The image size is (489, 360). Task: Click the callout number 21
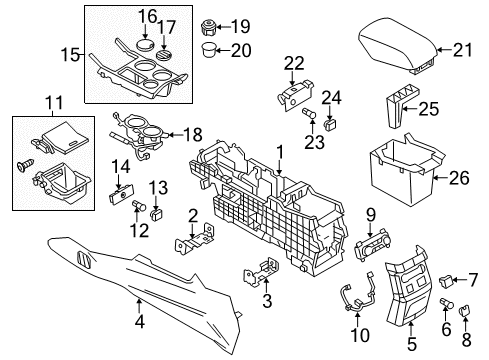click(463, 50)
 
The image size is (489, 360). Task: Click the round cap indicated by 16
click(146, 44)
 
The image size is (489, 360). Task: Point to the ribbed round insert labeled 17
click(165, 55)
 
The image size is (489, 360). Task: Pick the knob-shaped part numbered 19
click(209, 27)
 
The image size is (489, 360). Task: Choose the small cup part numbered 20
click(209, 50)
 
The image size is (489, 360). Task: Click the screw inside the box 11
click(26, 164)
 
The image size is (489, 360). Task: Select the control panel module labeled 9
click(373, 248)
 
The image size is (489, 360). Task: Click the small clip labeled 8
click(464, 311)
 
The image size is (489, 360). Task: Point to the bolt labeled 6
click(447, 303)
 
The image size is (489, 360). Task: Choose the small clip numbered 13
click(156, 214)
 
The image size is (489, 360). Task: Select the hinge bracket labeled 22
click(295, 95)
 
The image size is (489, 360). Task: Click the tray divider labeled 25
click(401, 106)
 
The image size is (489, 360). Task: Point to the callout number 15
click(70, 55)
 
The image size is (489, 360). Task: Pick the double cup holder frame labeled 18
click(138, 134)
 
